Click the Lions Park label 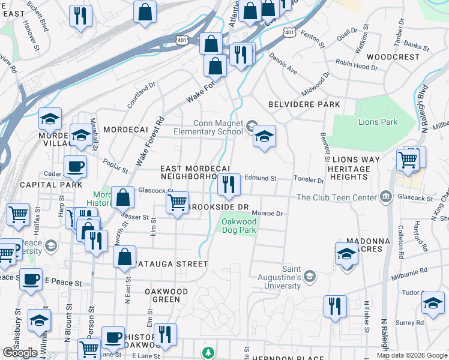pos(378,122)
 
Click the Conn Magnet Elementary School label pos(208,127)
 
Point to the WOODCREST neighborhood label pos(393,57)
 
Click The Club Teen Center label pos(339,197)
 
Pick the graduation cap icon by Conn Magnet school pos(264,136)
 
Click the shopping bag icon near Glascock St pos(123,197)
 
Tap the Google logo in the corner pos(20,353)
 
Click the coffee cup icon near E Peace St pos(31,279)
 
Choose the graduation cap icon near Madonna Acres pos(346,254)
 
